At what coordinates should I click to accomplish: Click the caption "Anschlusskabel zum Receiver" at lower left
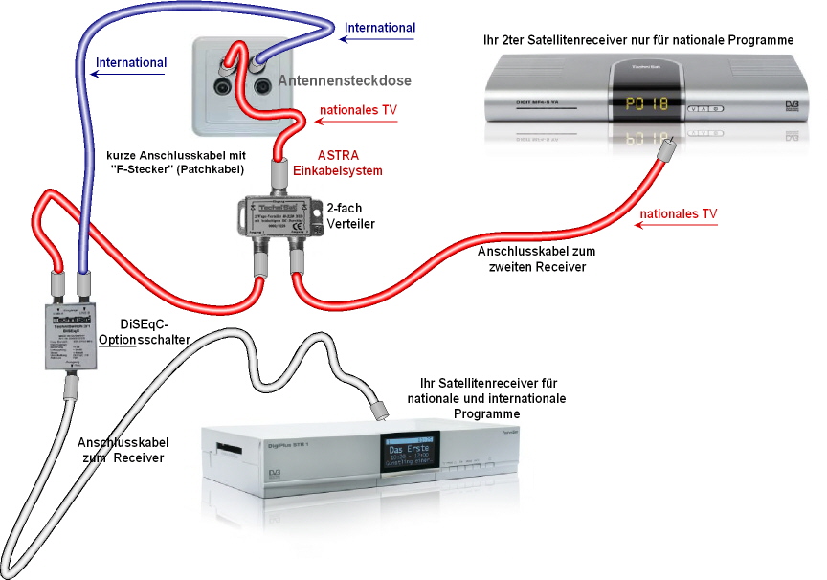[x=123, y=451]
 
